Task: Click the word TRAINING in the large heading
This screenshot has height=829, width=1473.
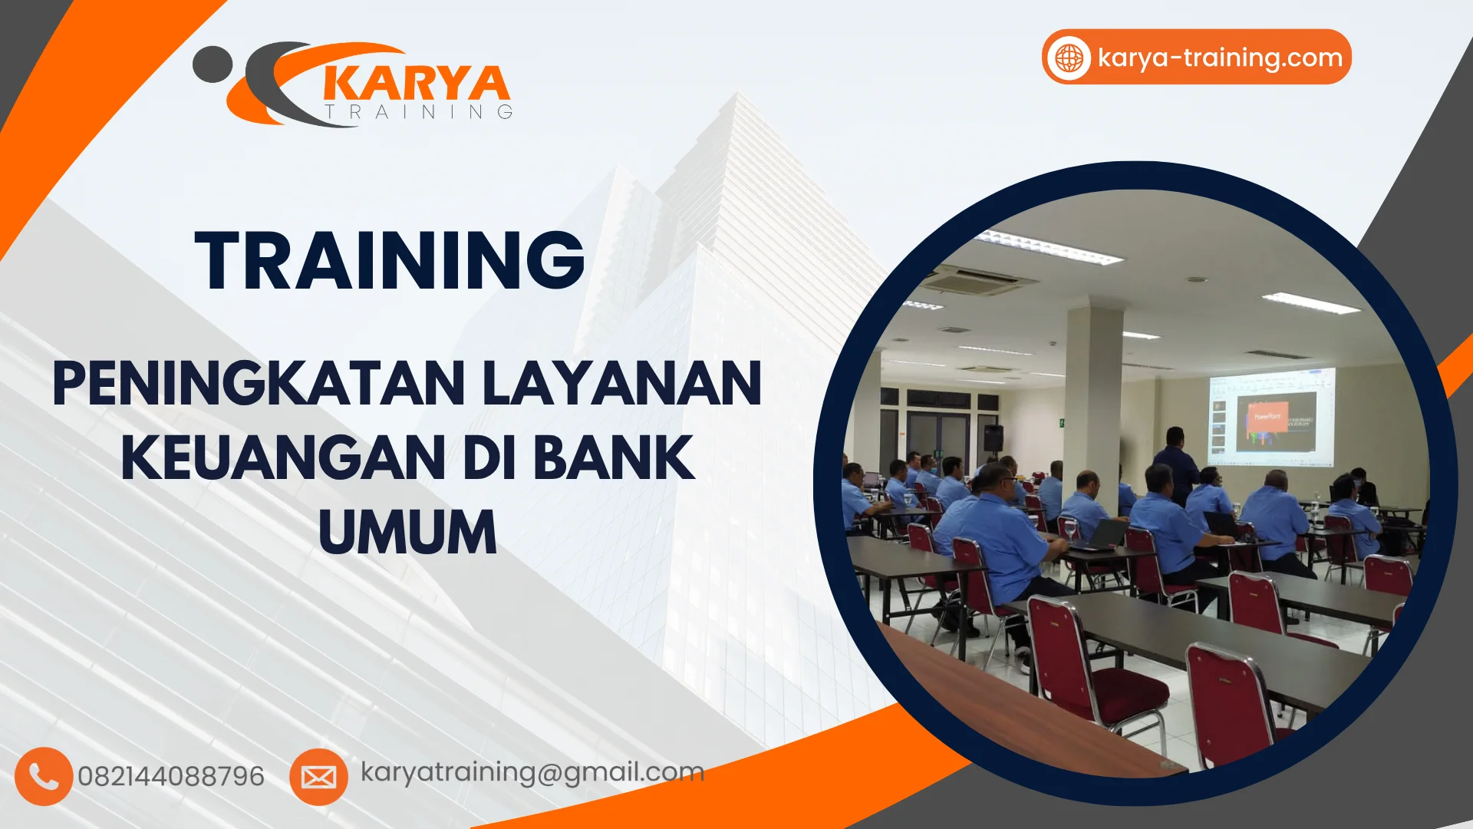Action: [390, 261]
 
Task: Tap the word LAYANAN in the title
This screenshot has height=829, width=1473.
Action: [622, 383]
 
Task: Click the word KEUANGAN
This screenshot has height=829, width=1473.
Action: [283, 457]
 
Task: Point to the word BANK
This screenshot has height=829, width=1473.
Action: [613, 457]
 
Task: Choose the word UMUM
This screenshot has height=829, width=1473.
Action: [407, 532]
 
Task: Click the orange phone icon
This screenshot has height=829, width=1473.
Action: [44, 776]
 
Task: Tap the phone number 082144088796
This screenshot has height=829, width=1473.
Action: [171, 776]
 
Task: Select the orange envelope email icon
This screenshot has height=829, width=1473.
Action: [318, 777]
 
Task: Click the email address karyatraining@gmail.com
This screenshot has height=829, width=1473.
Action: [532, 771]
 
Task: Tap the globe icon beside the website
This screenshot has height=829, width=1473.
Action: [1069, 58]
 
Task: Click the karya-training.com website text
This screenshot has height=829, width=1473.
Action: [1220, 58]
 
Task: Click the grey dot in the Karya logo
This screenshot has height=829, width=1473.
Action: [212, 64]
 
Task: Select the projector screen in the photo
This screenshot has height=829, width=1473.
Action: [1271, 416]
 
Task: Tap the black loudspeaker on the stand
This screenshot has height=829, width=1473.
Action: [993, 438]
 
